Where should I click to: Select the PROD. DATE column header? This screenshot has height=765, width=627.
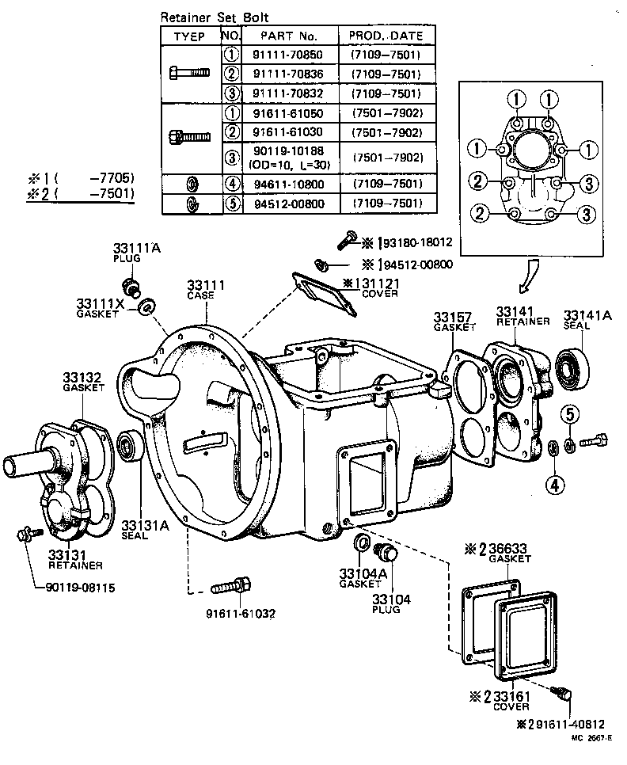(x=386, y=36)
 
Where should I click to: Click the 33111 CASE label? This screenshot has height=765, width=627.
(x=205, y=289)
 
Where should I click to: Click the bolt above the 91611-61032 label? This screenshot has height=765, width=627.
(x=232, y=587)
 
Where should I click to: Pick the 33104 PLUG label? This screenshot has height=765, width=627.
(x=391, y=603)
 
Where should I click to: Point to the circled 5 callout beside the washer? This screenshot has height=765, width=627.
(x=574, y=413)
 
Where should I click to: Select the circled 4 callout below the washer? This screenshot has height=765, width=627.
(x=555, y=483)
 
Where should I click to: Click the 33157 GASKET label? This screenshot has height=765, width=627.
(x=454, y=322)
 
